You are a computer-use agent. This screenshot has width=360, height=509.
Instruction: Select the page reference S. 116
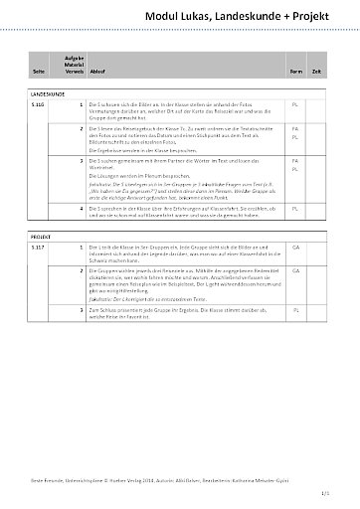pyautogui.click(x=40, y=102)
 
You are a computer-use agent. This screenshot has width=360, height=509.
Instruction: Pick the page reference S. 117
pyautogui.click(x=40, y=245)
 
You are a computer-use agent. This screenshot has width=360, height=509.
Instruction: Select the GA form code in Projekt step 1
pyautogui.click(x=295, y=245)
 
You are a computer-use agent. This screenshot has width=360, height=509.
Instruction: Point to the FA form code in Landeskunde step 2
pyautogui.click(x=295, y=129)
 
